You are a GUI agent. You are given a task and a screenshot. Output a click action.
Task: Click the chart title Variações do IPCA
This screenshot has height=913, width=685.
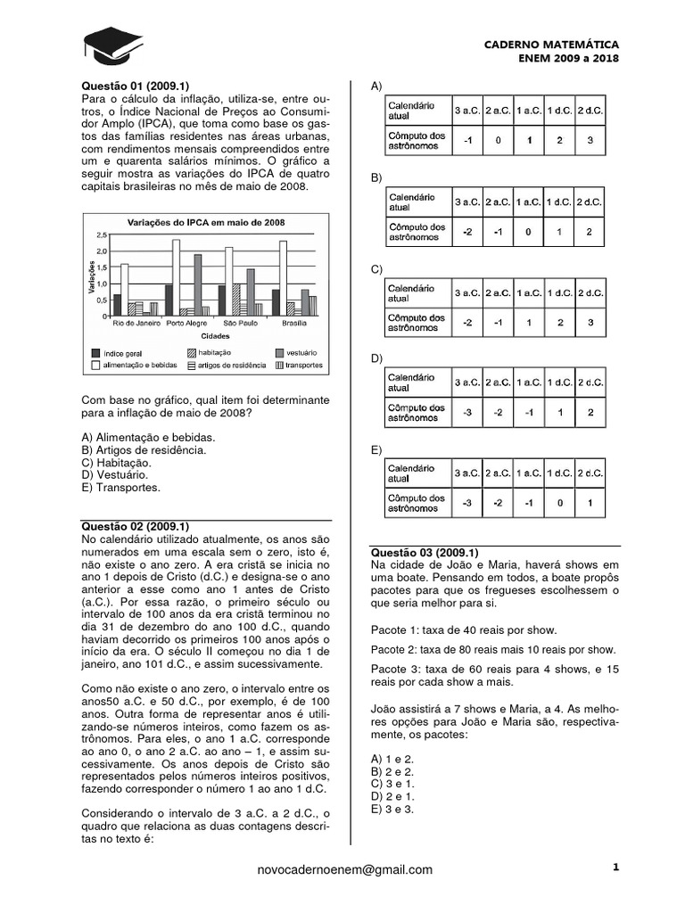click(x=206, y=222)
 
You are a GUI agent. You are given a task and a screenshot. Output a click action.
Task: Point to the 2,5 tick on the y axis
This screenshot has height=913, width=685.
click(x=101, y=234)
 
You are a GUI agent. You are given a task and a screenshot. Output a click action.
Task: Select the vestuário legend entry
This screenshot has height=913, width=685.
click(x=286, y=353)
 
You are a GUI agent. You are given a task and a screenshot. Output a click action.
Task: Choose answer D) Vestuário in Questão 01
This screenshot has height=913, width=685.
click(x=116, y=475)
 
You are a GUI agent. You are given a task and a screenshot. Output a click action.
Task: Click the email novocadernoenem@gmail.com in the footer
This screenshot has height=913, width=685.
click(x=343, y=869)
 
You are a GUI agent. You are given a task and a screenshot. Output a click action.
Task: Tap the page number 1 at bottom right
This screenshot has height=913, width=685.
click(x=615, y=867)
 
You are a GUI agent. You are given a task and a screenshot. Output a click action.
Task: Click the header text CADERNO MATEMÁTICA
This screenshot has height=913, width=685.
click(x=550, y=44)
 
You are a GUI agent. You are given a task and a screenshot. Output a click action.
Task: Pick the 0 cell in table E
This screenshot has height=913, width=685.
click(x=559, y=503)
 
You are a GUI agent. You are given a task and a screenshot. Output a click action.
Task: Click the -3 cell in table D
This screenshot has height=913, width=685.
click(x=467, y=413)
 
